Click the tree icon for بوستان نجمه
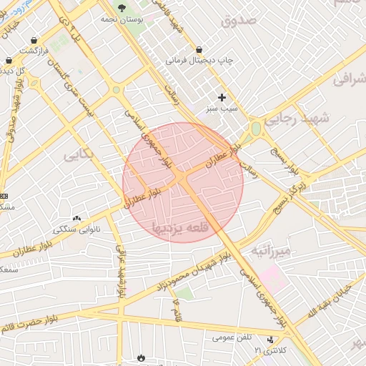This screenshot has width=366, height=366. [x=122, y=7]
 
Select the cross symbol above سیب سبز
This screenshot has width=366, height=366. [x=222, y=97]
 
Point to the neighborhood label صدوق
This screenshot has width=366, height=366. [x=238, y=20]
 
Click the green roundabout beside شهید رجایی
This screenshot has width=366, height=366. [x=255, y=129]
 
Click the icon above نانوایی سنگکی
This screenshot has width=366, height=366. [x=76, y=218]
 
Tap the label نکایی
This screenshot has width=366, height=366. [x=78, y=155]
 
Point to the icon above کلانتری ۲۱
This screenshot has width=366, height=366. [x=270, y=340]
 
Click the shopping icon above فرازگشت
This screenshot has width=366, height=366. [x=9, y=61]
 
